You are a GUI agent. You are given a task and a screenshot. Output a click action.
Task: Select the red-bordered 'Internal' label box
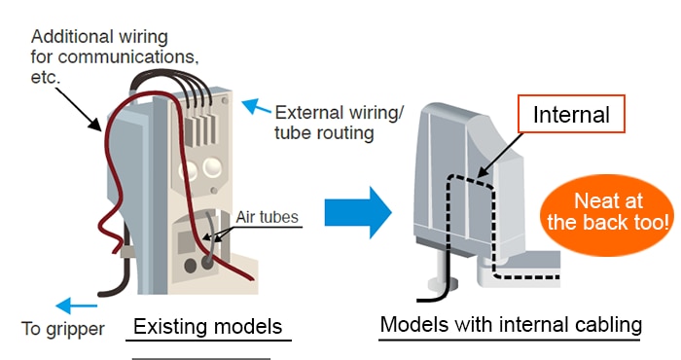coord(570,116)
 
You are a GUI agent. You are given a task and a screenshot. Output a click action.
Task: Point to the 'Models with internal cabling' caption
coord(509,324)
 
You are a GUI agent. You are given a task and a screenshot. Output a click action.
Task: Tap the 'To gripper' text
coord(62,328)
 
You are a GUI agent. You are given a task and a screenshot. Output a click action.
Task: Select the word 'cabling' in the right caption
coord(603,324)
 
